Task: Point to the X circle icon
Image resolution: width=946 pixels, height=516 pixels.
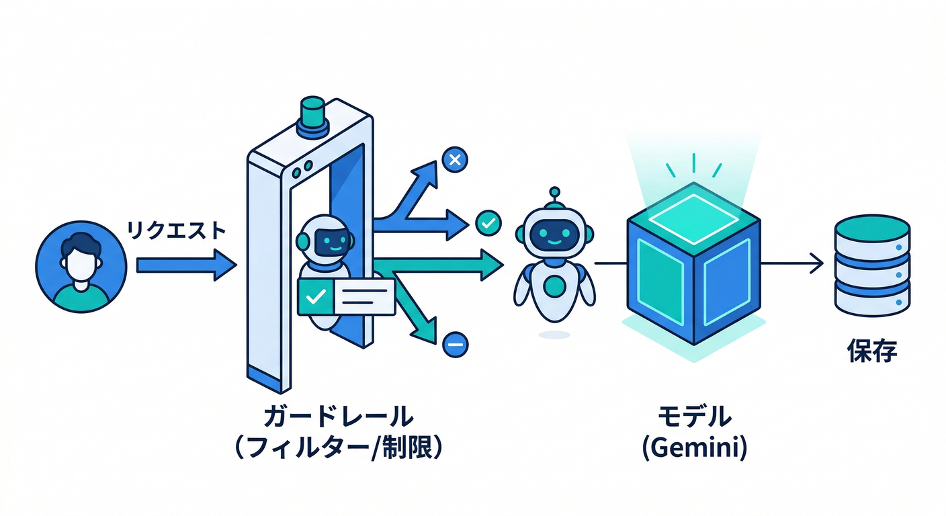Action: (x=454, y=160)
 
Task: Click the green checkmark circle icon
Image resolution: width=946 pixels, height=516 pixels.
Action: (x=487, y=222)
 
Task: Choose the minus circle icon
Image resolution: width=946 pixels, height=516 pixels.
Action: (x=455, y=345)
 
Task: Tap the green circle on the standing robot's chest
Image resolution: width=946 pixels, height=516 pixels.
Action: (x=554, y=285)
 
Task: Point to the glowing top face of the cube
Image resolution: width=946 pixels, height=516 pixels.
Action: (x=693, y=212)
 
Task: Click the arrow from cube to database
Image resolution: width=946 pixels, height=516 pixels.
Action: (x=793, y=264)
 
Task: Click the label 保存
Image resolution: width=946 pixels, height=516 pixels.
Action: (x=872, y=351)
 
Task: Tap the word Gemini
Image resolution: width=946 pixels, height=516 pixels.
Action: (x=694, y=447)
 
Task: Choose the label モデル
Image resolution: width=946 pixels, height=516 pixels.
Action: (x=693, y=417)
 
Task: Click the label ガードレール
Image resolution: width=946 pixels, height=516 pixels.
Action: (x=338, y=417)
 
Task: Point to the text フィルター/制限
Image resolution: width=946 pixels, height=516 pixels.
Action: (x=338, y=447)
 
